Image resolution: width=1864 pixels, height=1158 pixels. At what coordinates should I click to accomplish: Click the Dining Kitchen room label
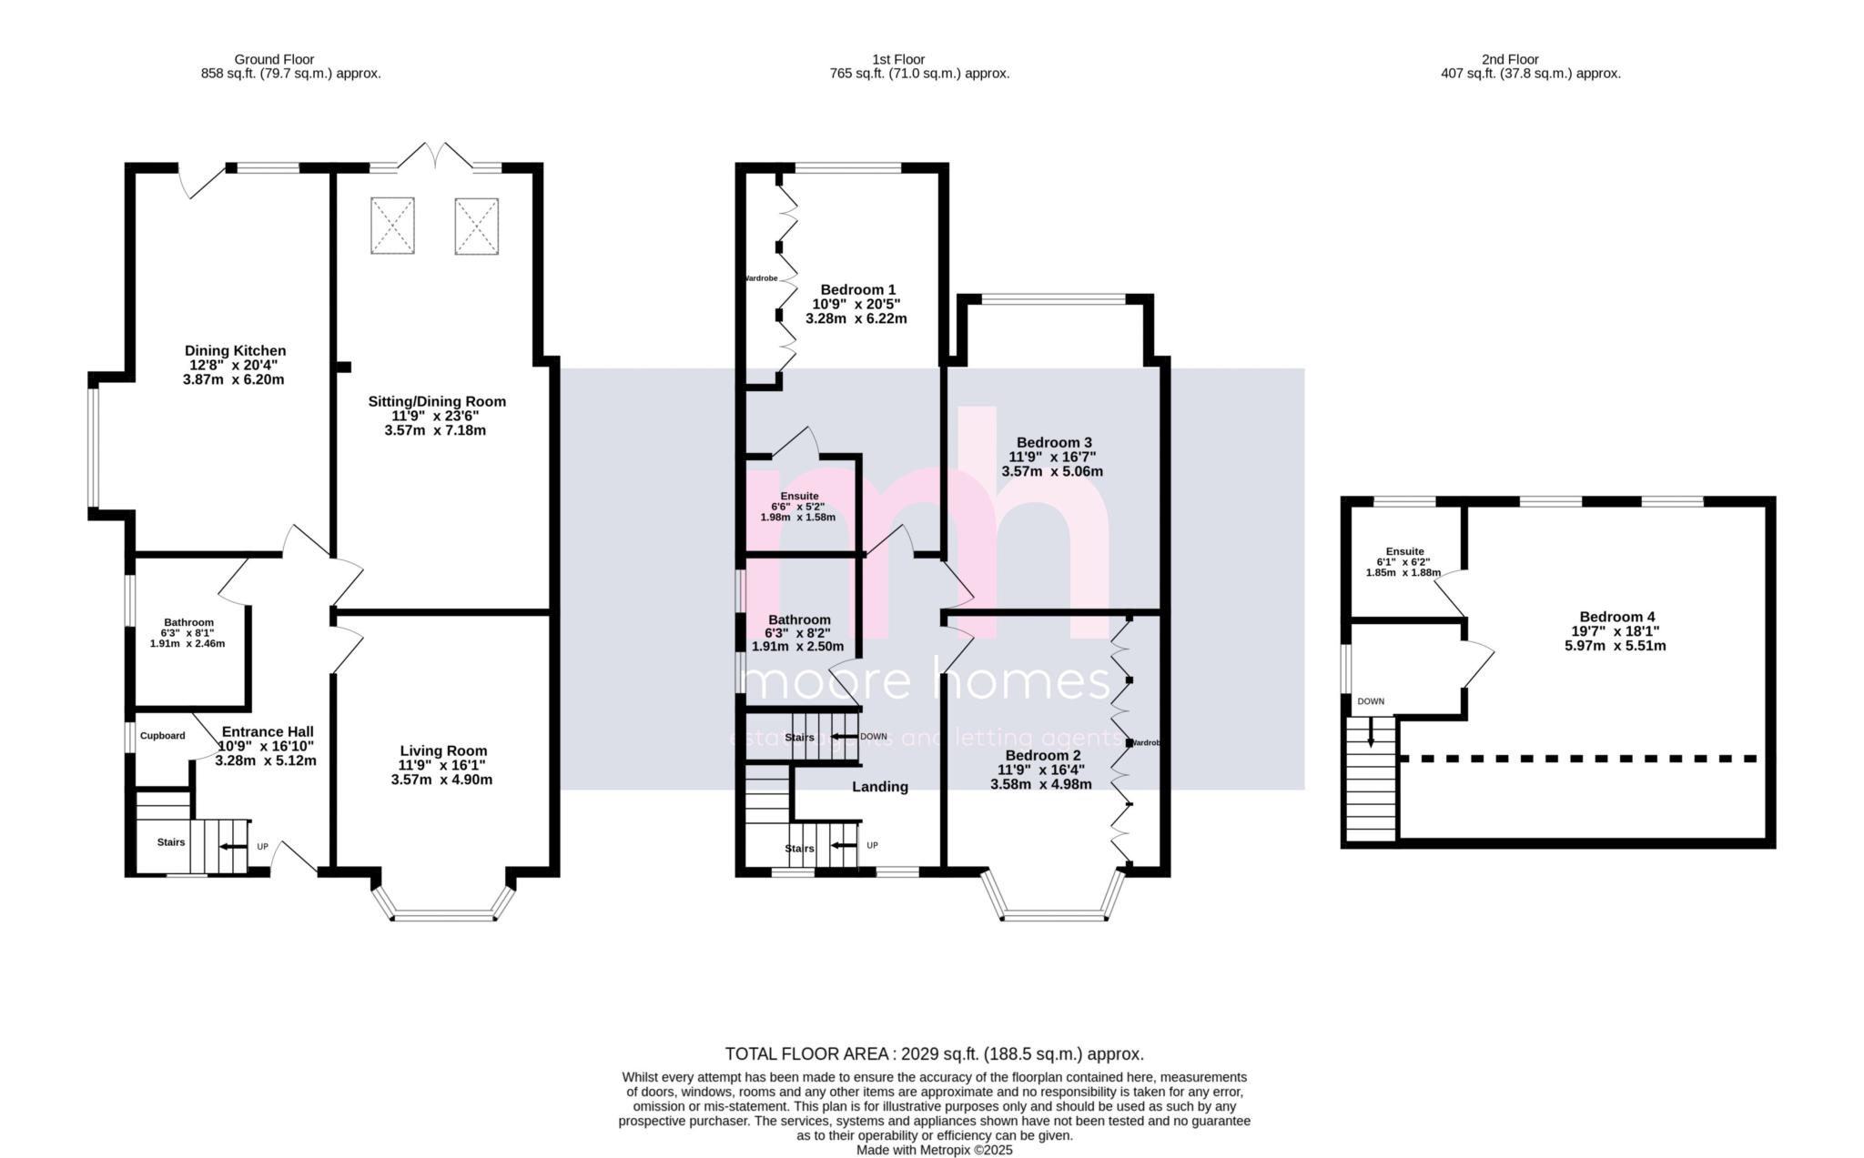tap(235, 350)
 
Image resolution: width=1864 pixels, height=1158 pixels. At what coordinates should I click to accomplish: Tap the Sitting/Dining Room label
tap(437, 401)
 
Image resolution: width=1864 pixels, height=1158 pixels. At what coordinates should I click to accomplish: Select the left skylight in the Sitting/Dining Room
tap(392, 225)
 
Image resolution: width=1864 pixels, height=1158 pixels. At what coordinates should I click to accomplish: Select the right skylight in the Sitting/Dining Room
tap(477, 225)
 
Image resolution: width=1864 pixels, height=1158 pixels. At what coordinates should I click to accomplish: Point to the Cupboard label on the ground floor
tap(162, 736)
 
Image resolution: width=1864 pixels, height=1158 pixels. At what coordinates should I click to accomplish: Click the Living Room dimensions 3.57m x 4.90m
tap(441, 780)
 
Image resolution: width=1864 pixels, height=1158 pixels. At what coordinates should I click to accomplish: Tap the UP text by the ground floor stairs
tap(262, 847)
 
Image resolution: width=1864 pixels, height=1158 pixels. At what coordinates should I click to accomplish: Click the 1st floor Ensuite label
tap(798, 496)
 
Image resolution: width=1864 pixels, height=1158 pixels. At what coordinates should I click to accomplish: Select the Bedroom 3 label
tap(1052, 442)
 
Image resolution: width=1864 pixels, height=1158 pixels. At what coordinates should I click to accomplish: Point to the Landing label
tap(879, 787)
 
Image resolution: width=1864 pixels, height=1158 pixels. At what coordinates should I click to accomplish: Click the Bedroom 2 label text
tap(1042, 755)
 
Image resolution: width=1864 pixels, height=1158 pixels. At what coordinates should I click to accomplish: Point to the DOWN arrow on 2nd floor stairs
tap(1371, 733)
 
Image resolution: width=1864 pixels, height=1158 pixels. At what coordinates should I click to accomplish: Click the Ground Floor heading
tap(274, 59)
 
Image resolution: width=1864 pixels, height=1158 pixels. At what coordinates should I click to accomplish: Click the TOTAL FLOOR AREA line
tap(934, 1054)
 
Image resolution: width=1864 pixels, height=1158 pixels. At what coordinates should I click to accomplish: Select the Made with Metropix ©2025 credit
tap(934, 1150)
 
